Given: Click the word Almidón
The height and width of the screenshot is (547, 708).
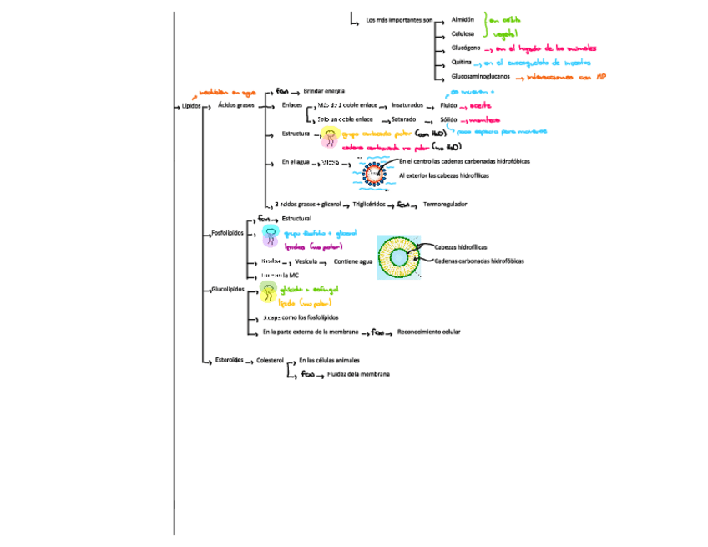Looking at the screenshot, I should (463, 19).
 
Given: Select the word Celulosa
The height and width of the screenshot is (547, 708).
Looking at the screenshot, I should (463, 34).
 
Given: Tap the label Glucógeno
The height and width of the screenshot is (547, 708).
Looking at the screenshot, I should (465, 48).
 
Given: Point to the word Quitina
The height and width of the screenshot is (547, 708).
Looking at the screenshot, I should (462, 63).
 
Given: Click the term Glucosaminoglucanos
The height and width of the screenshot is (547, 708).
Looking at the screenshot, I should (480, 77).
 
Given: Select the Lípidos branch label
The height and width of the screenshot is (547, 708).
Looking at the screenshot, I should (191, 106).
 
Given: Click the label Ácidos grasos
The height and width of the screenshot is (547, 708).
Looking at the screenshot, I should (236, 106).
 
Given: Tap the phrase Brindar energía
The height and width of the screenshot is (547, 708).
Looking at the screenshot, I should (324, 90).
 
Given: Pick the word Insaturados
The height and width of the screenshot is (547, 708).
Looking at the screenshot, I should (407, 106).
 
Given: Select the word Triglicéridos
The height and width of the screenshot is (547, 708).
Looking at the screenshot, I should (369, 204).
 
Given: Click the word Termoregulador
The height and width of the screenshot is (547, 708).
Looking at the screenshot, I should (445, 204).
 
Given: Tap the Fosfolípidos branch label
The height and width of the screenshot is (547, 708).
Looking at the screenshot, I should (227, 233).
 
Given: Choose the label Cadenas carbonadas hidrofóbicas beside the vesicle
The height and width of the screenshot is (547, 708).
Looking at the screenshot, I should (479, 261).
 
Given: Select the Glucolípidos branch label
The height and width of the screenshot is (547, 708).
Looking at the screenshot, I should (228, 289).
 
